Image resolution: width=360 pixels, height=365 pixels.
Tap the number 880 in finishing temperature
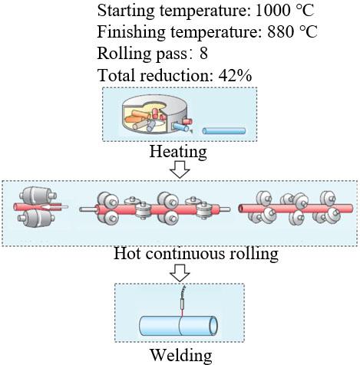(x=280, y=31)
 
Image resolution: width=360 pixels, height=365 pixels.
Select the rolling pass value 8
(x=203, y=53)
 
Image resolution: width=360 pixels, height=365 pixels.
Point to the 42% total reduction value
(x=235, y=75)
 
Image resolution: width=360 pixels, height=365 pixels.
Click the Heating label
(x=178, y=151)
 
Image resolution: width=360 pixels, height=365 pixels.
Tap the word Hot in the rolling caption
(x=127, y=254)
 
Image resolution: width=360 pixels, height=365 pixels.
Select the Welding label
(x=181, y=355)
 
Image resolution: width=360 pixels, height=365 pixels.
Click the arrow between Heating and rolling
(x=180, y=169)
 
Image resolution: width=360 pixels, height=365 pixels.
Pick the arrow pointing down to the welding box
(x=180, y=273)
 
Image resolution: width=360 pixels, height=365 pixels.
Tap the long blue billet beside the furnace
(x=224, y=131)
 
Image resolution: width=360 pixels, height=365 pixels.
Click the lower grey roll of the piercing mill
(x=37, y=218)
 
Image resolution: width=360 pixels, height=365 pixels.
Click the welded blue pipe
(x=179, y=326)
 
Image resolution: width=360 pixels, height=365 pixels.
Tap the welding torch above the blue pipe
(x=182, y=301)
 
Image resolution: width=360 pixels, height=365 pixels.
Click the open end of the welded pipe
(x=213, y=326)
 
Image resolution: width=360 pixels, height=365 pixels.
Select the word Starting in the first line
(x=126, y=11)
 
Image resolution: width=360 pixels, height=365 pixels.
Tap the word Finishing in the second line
(x=131, y=32)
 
